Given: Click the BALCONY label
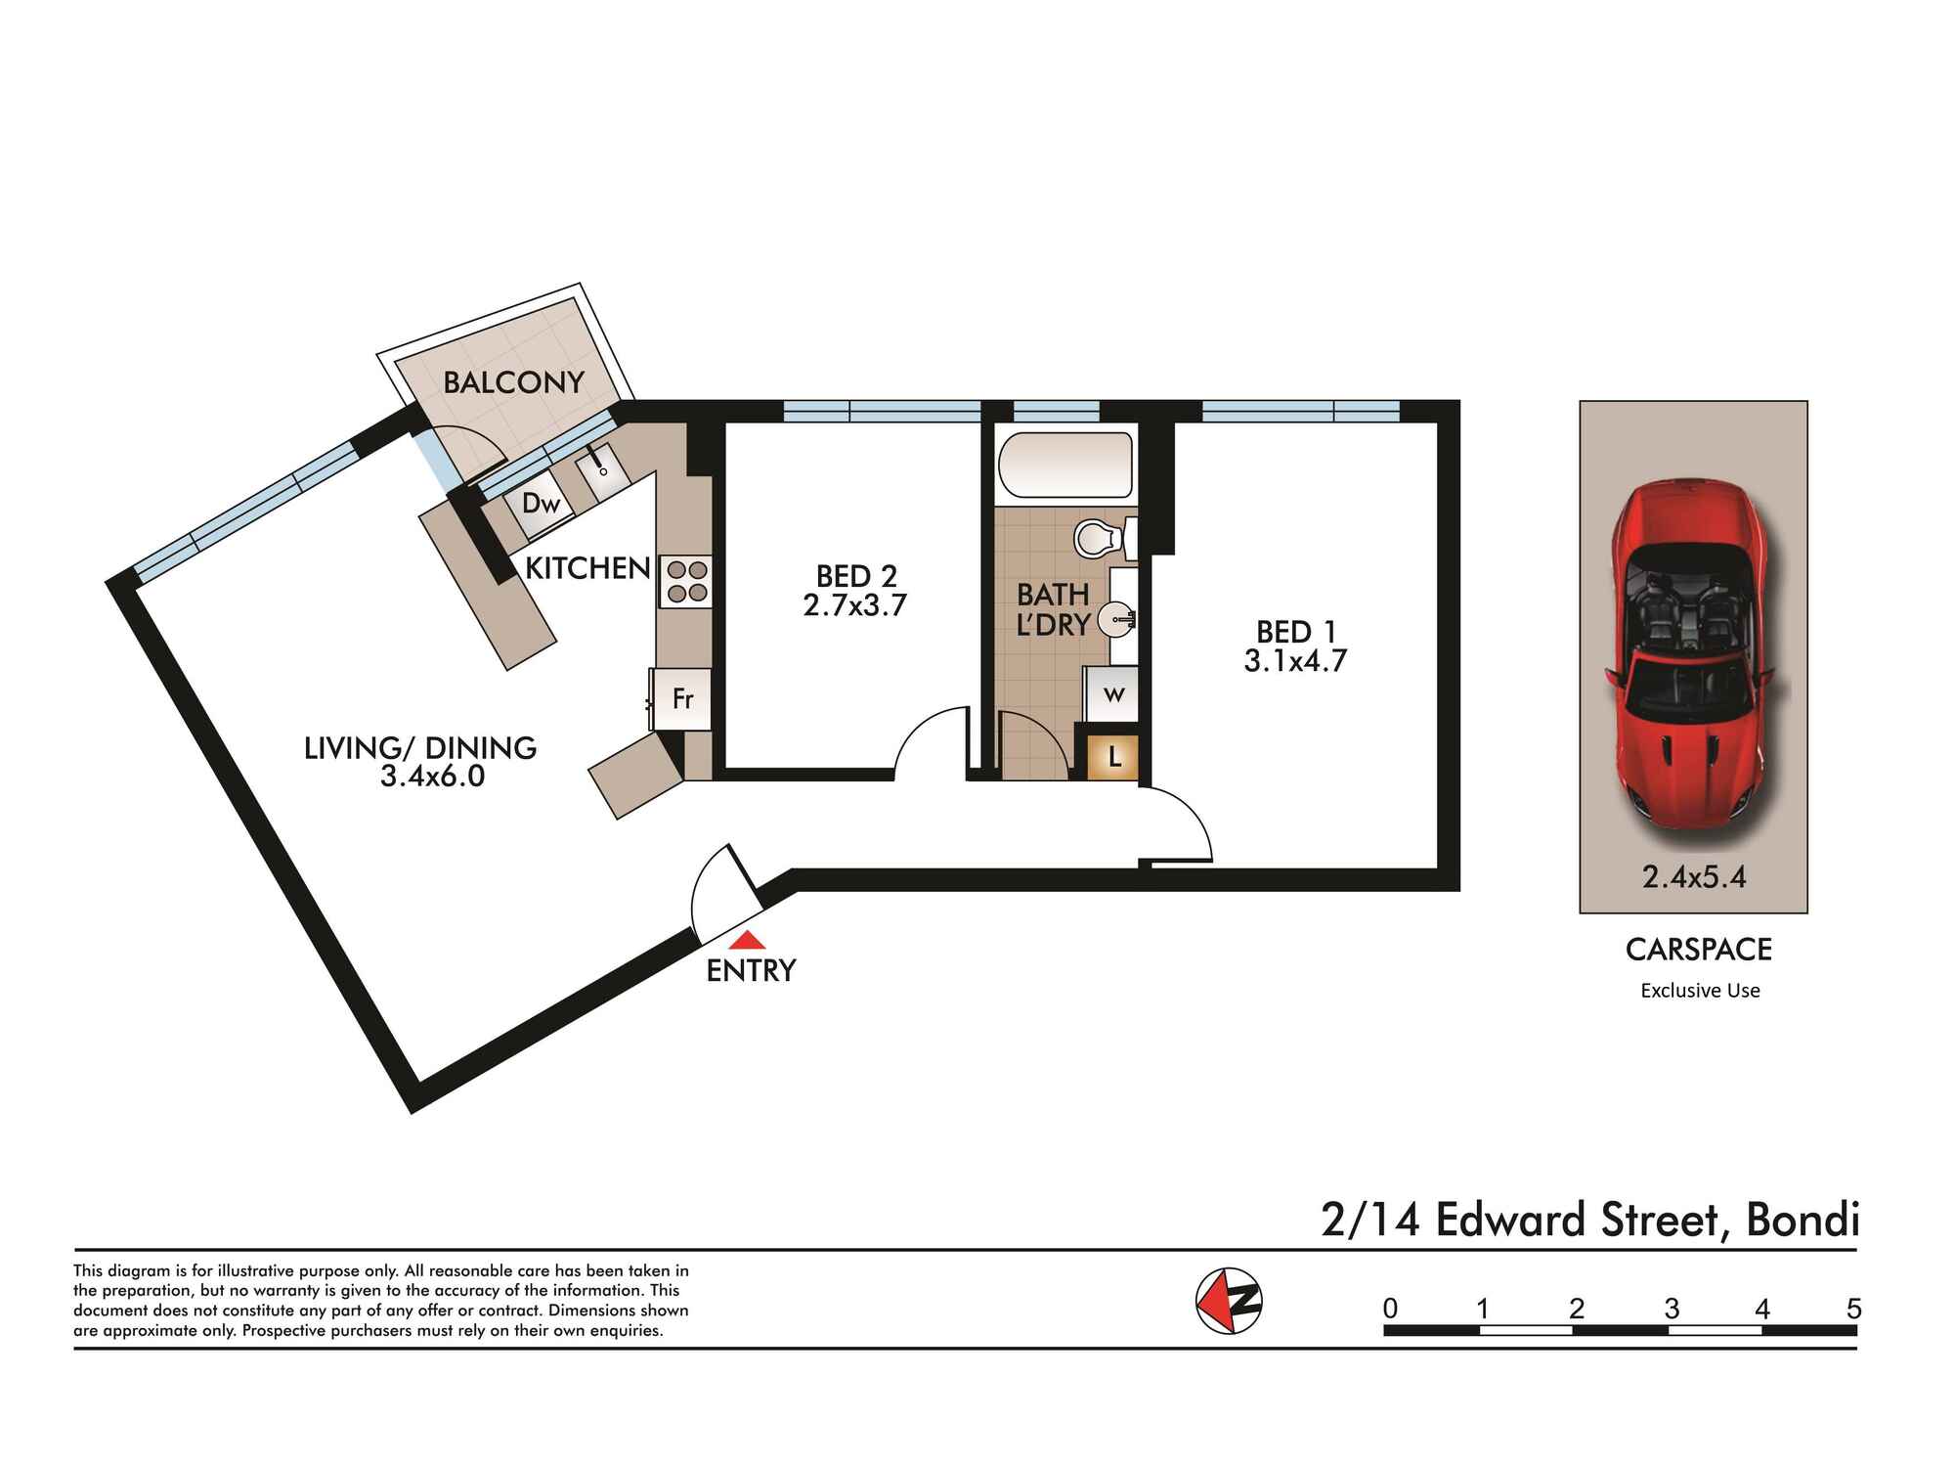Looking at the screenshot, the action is point(513,382).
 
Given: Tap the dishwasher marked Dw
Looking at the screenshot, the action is point(540,505).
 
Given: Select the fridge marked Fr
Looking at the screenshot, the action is point(681,699).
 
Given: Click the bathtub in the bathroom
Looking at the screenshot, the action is point(1065,467).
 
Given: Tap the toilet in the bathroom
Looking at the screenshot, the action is point(1106,538).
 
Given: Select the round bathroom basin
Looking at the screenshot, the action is point(1115,618).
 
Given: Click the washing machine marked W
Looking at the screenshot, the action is point(1112,695).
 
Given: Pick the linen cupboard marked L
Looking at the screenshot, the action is point(1113,757).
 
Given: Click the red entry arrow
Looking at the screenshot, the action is point(749,940).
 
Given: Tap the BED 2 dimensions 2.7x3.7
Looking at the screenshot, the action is point(855,605).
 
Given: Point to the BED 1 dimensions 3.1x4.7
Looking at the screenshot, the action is point(1295,661).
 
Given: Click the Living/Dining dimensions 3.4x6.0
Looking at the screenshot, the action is point(432,778).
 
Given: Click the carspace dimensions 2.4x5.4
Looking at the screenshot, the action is point(1694,877).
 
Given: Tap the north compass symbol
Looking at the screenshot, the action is point(1230,1300).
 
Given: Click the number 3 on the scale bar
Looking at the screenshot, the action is point(1672,1308).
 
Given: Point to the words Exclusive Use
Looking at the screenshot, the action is point(1700,991).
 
